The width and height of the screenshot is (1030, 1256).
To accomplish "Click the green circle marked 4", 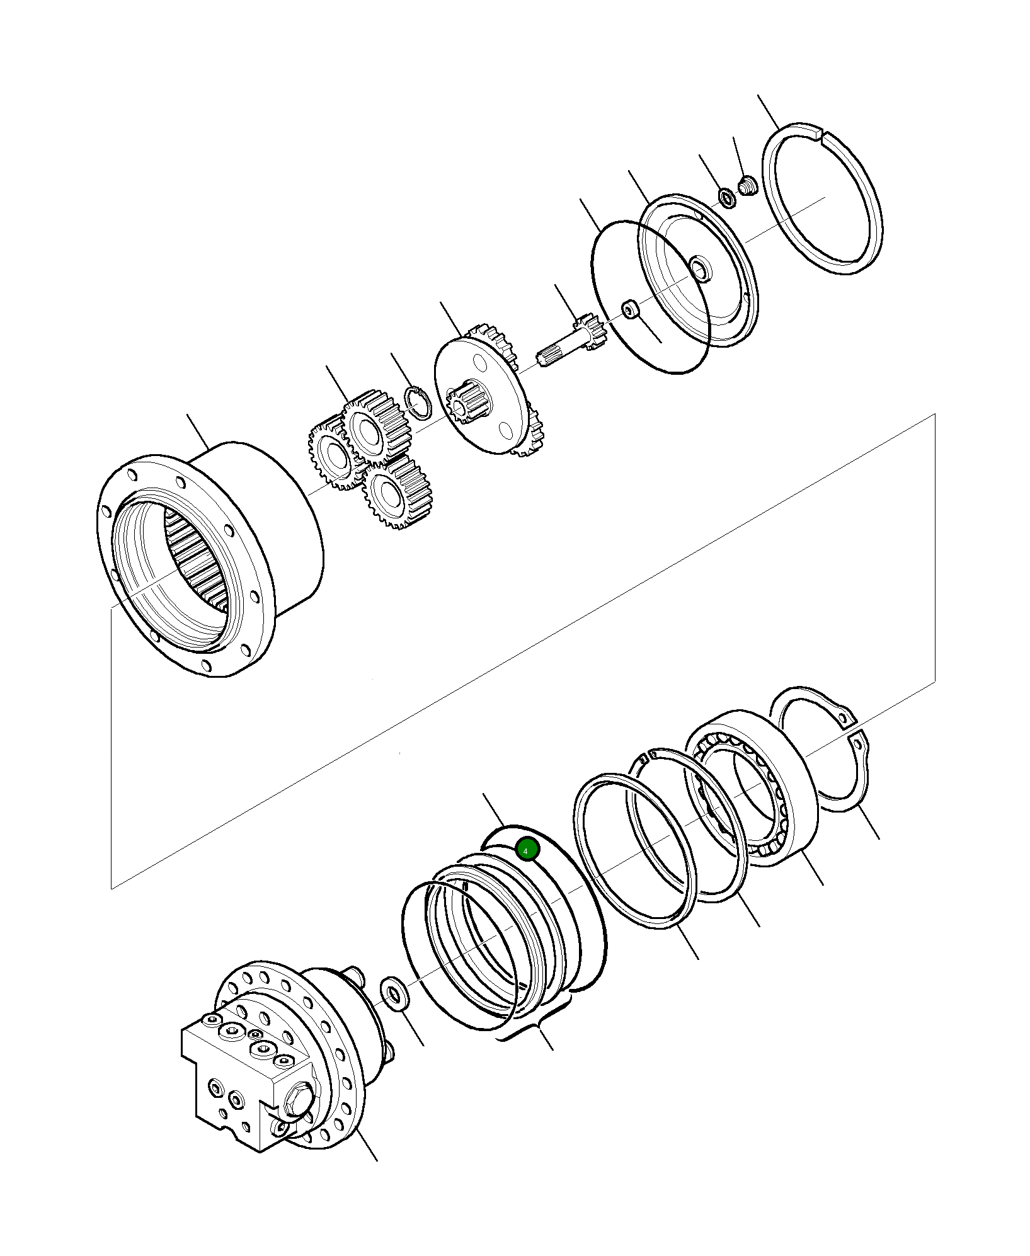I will [x=527, y=850].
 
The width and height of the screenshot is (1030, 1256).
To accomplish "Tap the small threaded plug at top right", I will [x=748, y=186].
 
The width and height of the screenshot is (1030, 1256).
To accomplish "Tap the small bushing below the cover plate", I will [x=631, y=309].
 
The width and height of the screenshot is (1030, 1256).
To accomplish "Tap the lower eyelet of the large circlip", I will [x=857, y=745].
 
